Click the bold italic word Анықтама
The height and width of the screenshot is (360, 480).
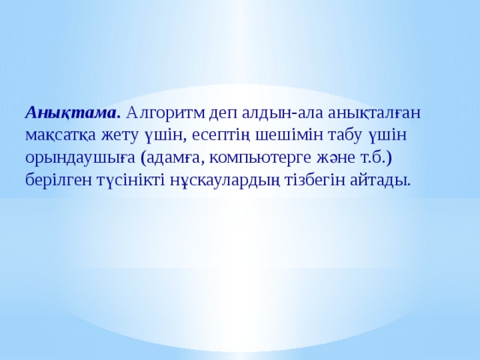(x=73, y=113)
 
